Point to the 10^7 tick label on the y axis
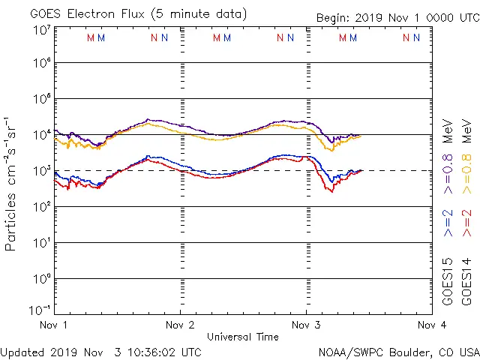pos(41,30)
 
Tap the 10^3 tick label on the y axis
pos(41,171)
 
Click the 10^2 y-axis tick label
pos(41,207)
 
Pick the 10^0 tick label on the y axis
pos(41,279)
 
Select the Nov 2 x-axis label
pos(180,325)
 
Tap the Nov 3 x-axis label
pos(306,325)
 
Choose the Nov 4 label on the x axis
pos(431,325)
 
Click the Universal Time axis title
pos(243,337)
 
